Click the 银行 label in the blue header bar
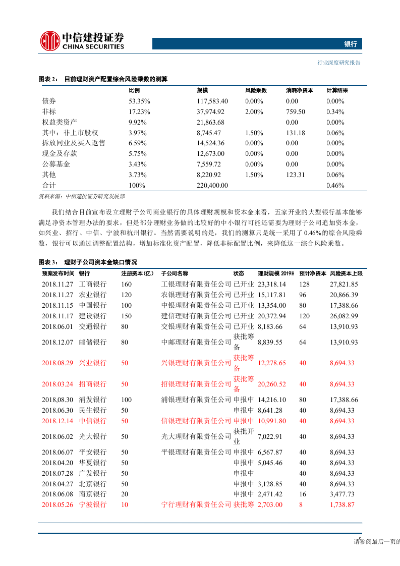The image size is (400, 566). point(351,44)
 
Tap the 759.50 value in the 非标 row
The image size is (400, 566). point(295,111)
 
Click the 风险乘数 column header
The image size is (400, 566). point(256,91)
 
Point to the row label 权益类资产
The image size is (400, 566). point(60,122)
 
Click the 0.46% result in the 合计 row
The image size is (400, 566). point(335,185)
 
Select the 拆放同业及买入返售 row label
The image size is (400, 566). point(74,143)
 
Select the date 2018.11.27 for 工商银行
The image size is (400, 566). point(58,284)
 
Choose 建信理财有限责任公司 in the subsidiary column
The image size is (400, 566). point(196,316)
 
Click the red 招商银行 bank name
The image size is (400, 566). point(92,384)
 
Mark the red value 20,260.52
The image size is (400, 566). point(271,384)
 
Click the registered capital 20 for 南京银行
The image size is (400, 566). point(124,494)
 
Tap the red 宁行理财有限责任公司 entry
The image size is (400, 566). point(196,505)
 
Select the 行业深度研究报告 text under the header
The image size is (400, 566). point(339,63)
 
